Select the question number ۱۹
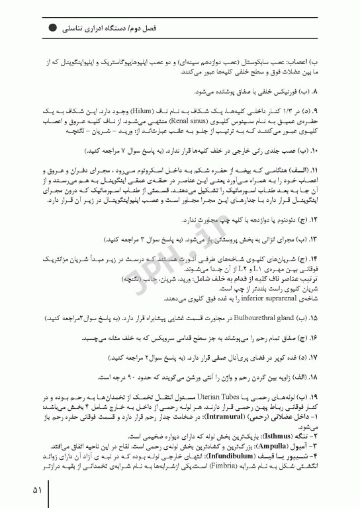click(314, 396)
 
